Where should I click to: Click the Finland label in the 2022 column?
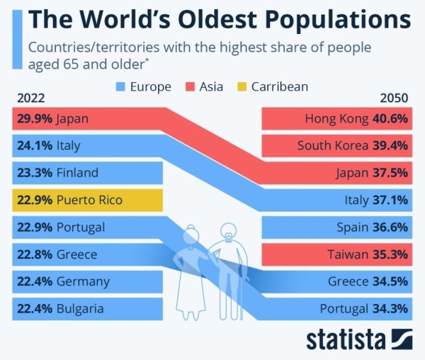pyautogui.click(x=77, y=173)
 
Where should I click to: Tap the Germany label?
pyautogui.click(x=83, y=281)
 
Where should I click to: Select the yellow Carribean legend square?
pyautogui.click(x=241, y=87)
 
